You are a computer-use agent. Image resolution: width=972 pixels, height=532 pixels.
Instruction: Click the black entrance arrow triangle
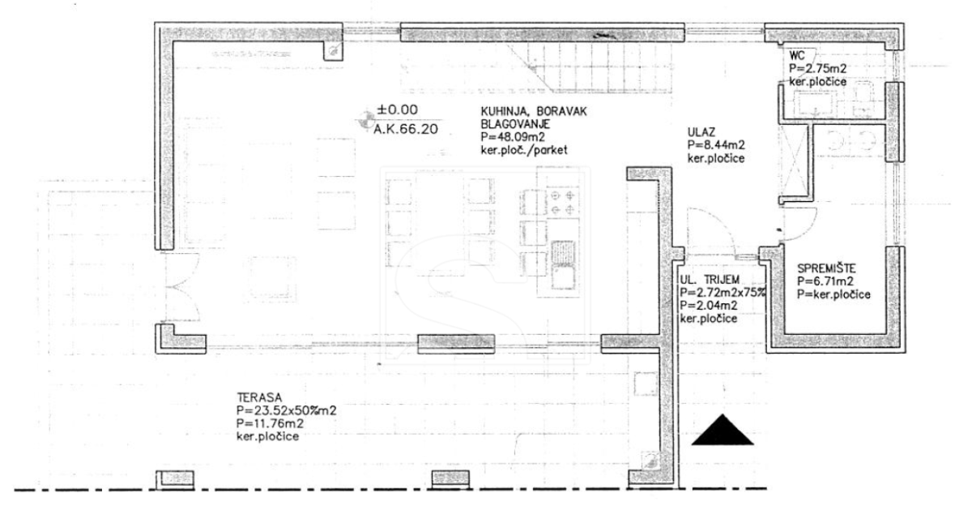tap(722, 430)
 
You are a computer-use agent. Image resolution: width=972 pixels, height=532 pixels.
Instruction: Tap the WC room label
tap(797, 56)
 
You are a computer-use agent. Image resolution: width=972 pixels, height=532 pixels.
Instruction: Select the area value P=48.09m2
tap(513, 137)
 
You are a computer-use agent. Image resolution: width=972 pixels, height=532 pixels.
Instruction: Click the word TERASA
tap(259, 397)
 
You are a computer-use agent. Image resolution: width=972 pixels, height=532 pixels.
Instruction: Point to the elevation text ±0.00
tap(398, 109)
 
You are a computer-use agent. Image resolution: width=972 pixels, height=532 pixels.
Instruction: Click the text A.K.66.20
tap(406, 129)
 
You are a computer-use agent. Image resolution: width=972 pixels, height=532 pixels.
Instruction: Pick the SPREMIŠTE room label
tap(827, 268)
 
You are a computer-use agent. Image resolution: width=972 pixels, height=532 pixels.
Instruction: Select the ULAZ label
tap(701, 132)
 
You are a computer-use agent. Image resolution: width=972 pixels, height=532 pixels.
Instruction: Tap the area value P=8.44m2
tap(716, 145)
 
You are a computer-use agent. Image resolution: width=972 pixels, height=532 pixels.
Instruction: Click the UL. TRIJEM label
tap(710, 280)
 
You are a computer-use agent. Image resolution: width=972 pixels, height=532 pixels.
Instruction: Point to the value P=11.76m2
tap(270, 423)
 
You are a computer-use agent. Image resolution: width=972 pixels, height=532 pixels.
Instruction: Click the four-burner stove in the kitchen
tap(563, 202)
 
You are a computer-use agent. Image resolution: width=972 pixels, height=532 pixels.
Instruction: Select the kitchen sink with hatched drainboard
tap(563, 265)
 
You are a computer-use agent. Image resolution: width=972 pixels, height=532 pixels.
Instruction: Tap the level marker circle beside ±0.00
tap(367, 119)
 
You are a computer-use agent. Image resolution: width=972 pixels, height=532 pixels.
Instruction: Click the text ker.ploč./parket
tap(524, 150)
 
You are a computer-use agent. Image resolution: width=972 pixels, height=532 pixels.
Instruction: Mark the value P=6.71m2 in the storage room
tap(826, 281)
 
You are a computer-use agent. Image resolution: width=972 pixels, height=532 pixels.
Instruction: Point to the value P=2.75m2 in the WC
tap(817, 69)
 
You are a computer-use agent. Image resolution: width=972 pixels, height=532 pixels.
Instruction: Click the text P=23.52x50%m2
tap(287, 410)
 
